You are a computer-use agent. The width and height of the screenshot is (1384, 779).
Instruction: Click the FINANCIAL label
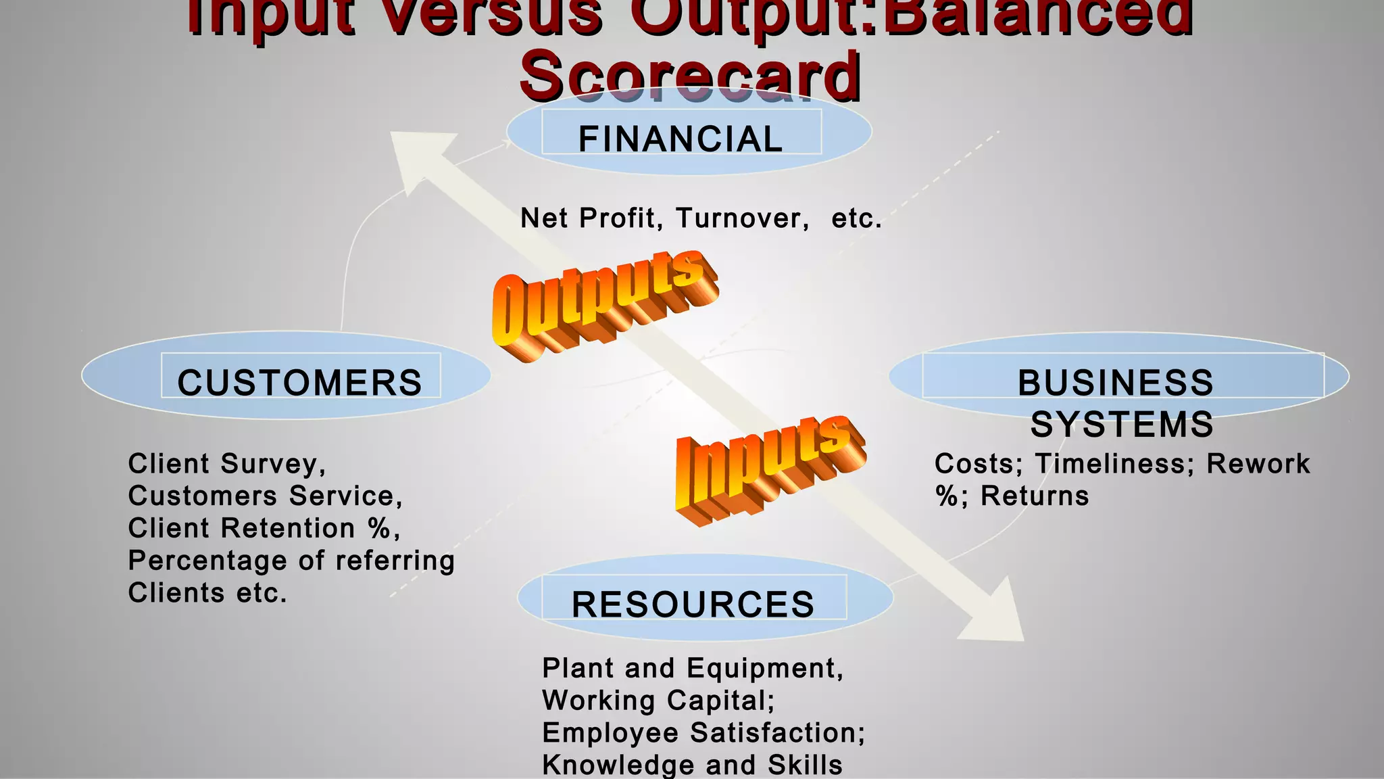click(x=681, y=139)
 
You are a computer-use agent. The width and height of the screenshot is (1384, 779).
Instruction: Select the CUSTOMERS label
click(x=299, y=383)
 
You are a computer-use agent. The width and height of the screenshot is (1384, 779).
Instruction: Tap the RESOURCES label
click(x=693, y=605)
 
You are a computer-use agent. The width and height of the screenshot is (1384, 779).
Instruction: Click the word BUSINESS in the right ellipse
click(x=1116, y=383)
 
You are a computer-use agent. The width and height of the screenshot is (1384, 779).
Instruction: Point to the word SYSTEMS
click(x=1122, y=425)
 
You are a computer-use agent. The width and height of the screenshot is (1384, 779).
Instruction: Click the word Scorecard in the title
click(x=690, y=76)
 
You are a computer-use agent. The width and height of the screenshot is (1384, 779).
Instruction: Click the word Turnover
click(x=742, y=218)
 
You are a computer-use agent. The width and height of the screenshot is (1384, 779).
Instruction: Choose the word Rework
click(x=1258, y=464)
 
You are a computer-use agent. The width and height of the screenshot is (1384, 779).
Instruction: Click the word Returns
click(x=1035, y=496)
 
